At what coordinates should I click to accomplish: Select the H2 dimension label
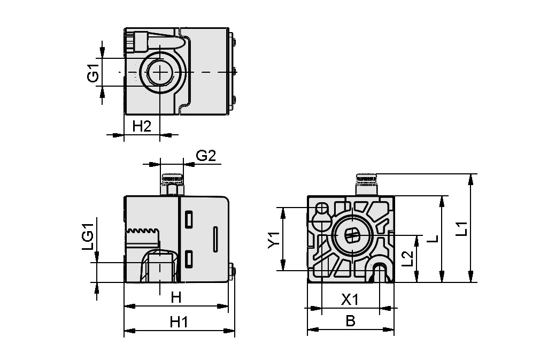142,126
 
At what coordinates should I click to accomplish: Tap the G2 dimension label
206,156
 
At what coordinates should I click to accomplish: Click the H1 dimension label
179,322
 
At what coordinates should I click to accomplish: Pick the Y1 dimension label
273,239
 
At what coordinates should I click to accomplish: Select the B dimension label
350,321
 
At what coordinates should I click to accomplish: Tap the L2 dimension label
407,258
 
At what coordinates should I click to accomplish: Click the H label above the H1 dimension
176,298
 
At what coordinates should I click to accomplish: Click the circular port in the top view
160,72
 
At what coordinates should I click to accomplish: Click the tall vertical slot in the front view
215,239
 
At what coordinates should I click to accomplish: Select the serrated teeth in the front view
143,231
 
